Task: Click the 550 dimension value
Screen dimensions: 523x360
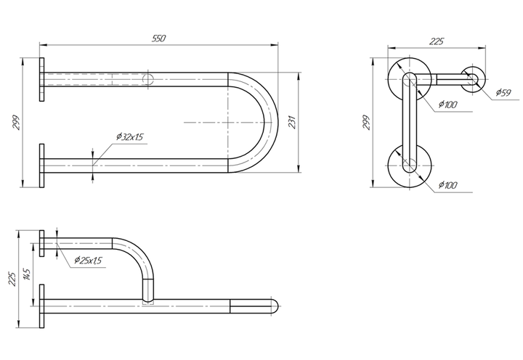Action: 159,38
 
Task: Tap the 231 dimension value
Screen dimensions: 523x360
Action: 292,123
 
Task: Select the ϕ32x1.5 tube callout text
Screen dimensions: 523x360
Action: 130,136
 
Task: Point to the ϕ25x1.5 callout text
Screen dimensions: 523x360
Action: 88,260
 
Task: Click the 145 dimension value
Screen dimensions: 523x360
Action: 28,274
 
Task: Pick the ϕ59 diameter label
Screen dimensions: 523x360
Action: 503,92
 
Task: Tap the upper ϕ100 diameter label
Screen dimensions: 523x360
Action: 447,105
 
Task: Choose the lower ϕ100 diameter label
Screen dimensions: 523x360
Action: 447,185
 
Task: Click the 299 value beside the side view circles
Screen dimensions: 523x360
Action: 367,123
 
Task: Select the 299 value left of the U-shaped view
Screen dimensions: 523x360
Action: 17,123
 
